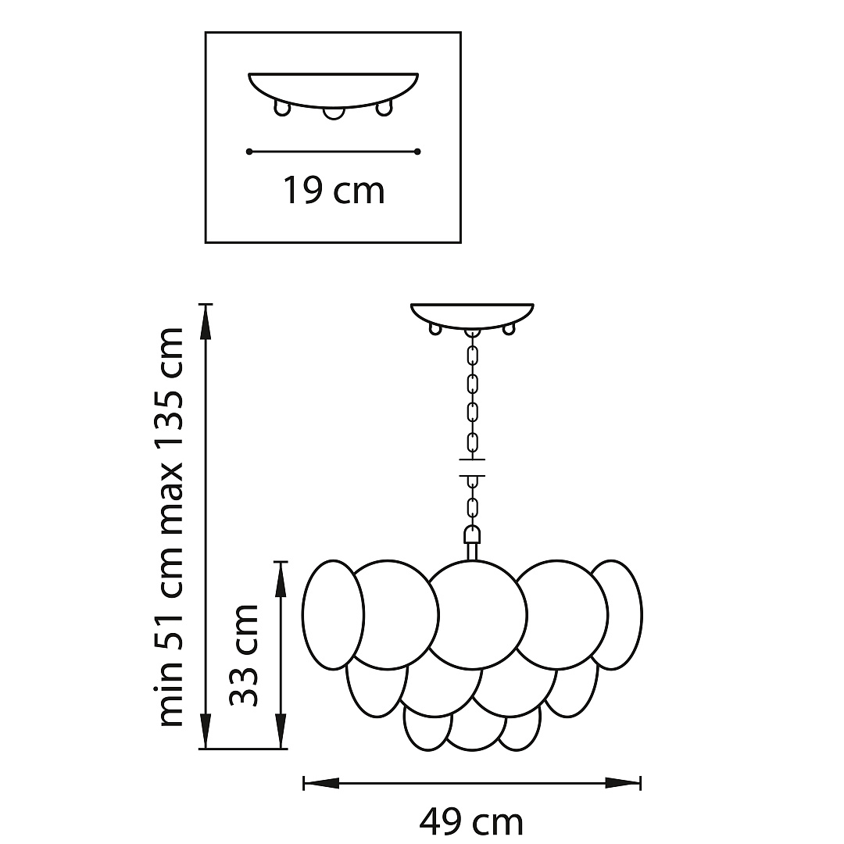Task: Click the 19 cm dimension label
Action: click(x=334, y=191)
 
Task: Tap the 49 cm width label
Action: click(x=471, y=822)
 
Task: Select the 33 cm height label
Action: click(x=244, y=655)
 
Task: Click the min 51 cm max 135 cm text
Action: click(x=170, y=527)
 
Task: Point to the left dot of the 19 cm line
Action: click(x=249, y=152)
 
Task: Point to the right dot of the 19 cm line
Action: click(x=417, y=152)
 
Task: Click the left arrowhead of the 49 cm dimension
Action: click(x=321, y=783)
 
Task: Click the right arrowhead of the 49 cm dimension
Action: click(x=623, y=783)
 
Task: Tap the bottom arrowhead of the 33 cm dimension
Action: click(x=281, y=731)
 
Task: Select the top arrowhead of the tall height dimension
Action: click(x=205, y=323)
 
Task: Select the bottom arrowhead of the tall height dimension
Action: click(x=205, y=731)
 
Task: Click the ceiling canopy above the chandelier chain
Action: click(x=472, y=316)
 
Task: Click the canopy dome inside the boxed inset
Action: click(x=333, y=90)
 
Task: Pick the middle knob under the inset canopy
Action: click(x=333, y=113)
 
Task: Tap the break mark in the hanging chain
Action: click(x=472, y=467)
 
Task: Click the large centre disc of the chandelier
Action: click(x=477, y=615)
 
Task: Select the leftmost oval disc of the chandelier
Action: click(x=333, y=615)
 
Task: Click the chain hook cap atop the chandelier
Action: click(x=472, y=535)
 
